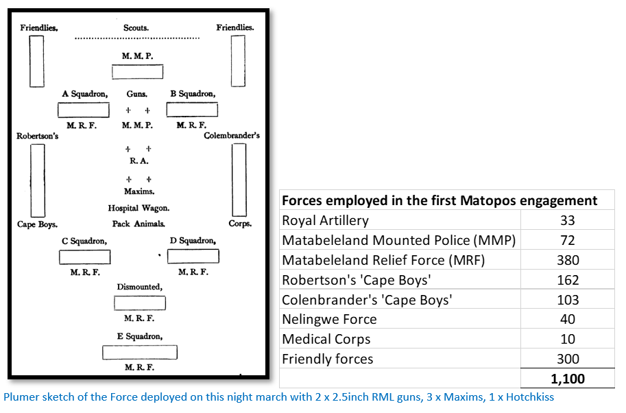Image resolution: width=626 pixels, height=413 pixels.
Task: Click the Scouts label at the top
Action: tap(136, 28)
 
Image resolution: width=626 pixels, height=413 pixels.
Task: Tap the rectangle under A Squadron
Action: tap(84, 103)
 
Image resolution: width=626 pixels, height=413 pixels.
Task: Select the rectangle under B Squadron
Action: tap(192, 103)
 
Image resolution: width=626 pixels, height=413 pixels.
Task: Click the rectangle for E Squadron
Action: tap(140, 346)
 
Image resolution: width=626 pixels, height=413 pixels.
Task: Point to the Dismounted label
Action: tap(140, 287)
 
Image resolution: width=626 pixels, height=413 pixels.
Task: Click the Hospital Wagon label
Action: tap(139, 208)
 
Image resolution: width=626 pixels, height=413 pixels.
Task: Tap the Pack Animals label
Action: tap(139, 224)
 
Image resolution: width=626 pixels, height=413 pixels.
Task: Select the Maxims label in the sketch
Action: tap(139, 191)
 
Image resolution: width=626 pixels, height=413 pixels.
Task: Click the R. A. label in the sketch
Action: tap(139, 161)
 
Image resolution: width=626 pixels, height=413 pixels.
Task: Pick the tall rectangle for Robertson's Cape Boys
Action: tap(31, 180)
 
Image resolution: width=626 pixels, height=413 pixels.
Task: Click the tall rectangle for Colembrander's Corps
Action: tap(232, 180)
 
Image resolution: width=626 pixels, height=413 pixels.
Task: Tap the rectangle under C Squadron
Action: tap(84, 250)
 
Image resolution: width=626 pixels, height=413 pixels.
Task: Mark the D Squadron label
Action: tap(193, 240)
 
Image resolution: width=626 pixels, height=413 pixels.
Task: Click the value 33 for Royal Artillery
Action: tap(567, 220)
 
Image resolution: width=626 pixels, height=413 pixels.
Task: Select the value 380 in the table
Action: tap(568, 260)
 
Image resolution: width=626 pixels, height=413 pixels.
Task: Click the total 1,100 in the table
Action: tap(567, 379)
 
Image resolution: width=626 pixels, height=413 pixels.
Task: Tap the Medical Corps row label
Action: tap(326, 339)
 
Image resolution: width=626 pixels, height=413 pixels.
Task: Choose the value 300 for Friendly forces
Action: tap(568, 359)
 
